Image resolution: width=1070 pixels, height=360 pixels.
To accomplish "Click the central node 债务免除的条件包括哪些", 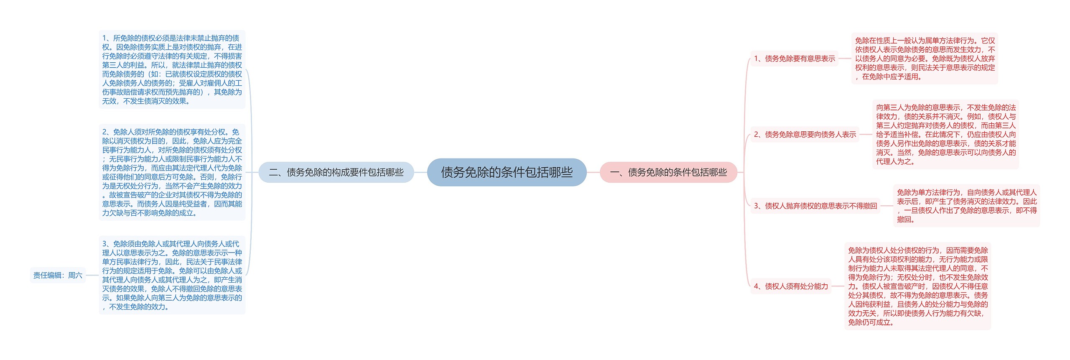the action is (x=507, y=172).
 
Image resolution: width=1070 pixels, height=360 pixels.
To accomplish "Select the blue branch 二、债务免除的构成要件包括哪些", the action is (x=336, y=172).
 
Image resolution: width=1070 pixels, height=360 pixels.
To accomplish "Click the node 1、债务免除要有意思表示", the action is (x=794, y=59).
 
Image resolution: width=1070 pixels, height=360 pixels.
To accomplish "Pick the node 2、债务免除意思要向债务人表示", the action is (x=805, y=134).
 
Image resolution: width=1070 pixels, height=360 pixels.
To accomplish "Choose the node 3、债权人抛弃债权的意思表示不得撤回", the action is (x=815, y=206).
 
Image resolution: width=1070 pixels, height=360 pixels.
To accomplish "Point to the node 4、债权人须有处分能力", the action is (x=791, y=286).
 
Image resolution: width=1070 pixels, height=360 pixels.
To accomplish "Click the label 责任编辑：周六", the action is (x=58, y=275).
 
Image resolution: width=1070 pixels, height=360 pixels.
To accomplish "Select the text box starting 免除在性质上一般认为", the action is (x=925, y=59).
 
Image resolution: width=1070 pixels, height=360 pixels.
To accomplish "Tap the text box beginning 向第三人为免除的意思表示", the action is (x=945, y=134).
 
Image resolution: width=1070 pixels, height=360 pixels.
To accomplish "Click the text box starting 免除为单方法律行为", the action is (x=966, y=206).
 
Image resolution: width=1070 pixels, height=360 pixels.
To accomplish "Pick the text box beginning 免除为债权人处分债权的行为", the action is (x=917, y=286).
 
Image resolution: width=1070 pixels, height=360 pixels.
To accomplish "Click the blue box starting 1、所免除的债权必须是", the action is (x=172, y=69).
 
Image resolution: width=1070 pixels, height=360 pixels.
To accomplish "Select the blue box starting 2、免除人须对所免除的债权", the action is (x=172, y=172).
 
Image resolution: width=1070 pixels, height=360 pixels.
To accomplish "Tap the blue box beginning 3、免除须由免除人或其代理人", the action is (x=172, y=275).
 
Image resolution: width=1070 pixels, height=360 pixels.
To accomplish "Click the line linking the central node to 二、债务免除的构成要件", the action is (x=420, y=172).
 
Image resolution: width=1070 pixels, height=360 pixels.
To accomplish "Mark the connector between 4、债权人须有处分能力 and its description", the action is (x=838, y=286).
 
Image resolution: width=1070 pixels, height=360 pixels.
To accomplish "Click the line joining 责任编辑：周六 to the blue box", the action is (x=92, y=275).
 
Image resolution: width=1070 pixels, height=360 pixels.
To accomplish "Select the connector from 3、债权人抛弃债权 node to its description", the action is (x=887, y=206).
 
